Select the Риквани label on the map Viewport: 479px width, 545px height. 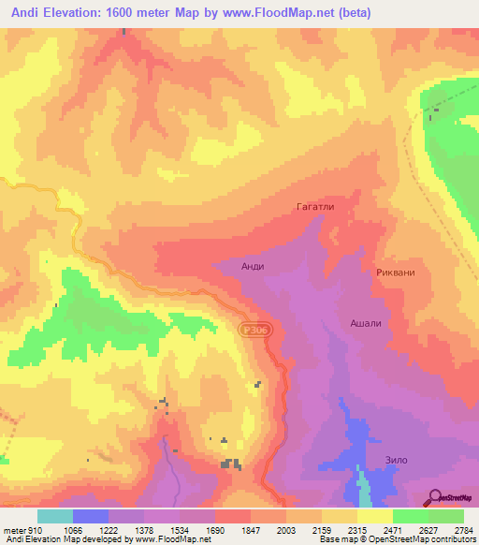(x=396, y=272)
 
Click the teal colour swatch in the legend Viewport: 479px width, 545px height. (x=55, y=516)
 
